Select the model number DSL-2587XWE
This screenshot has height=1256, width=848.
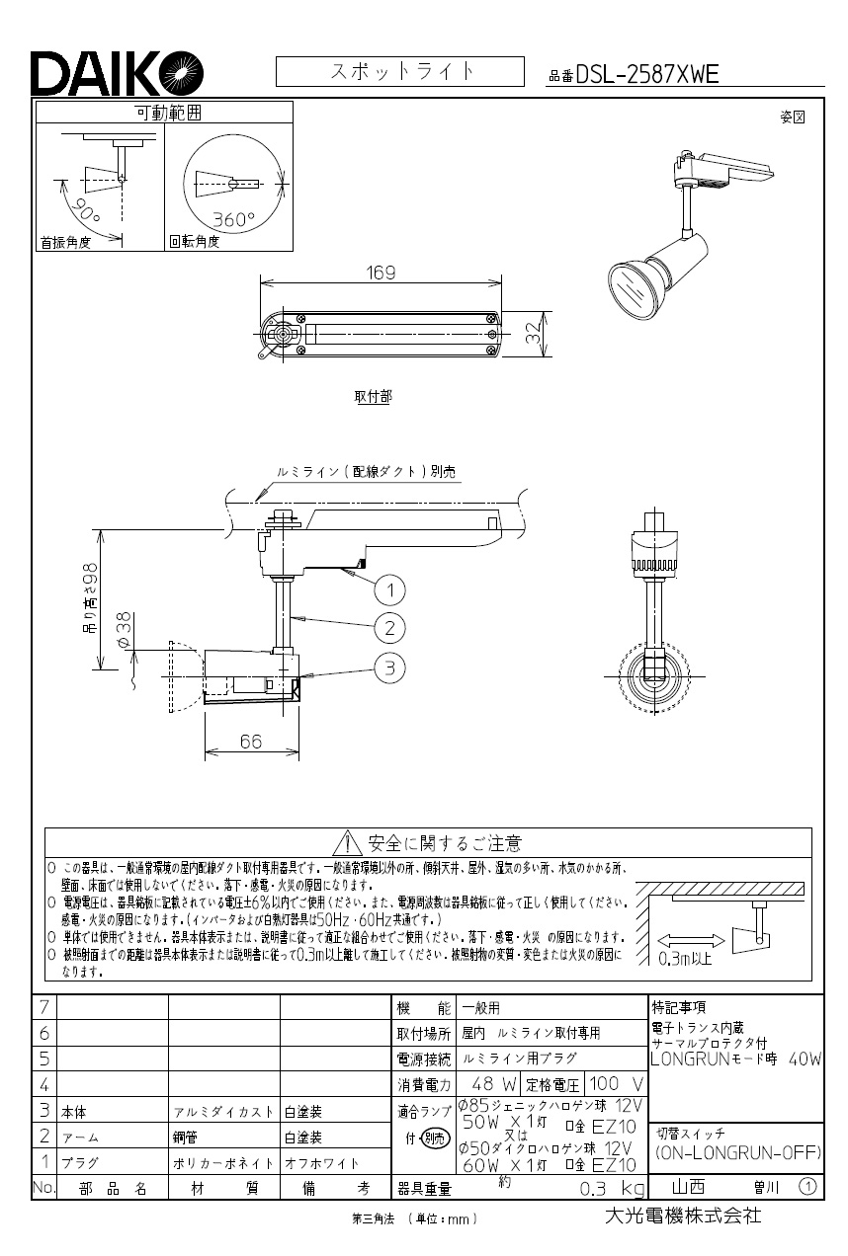click(x=646, y=74)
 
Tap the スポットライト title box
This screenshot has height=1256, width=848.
click(x=399, y=72)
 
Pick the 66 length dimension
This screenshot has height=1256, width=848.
click(x=251, y=742)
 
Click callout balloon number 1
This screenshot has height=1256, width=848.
click(x=390, y=590)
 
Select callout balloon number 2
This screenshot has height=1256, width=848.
click(x=390, y=627)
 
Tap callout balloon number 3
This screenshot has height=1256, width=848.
click(x=390, y=668)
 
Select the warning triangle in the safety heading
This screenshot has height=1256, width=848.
click(x=348, y=843)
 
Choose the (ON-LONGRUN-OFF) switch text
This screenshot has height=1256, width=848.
click(x=737, y=1152)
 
